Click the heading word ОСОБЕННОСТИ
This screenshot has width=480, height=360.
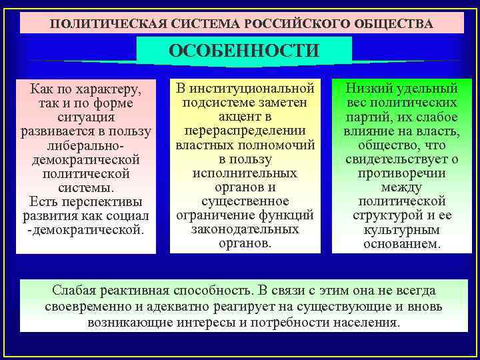(x=244, y=51)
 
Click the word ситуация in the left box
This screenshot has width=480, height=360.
(x=86, y=116)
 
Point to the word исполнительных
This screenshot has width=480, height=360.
(x=245, y=173)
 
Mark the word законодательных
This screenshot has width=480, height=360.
(x=245, y=229)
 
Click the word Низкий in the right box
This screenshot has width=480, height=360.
(x=371, y=88)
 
